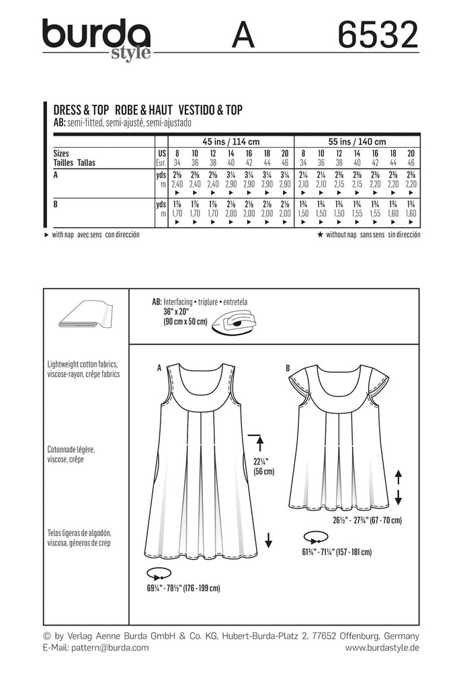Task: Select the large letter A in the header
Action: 243,35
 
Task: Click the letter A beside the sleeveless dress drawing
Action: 159,368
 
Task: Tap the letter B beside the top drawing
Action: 288,368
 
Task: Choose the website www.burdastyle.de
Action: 382,648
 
